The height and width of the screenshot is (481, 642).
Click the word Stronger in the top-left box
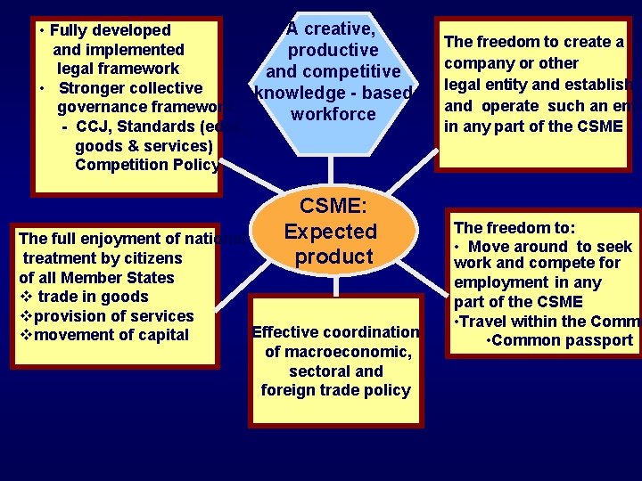(92, 88)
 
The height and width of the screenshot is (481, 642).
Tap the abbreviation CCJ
(92, 126)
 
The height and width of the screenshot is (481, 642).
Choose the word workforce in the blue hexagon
(333, 115)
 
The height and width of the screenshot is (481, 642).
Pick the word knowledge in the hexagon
(300, 94)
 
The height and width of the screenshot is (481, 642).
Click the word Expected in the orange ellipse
(331, 232)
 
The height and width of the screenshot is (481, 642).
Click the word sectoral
(309, 371)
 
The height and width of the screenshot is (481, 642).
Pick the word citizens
(149, 258)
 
